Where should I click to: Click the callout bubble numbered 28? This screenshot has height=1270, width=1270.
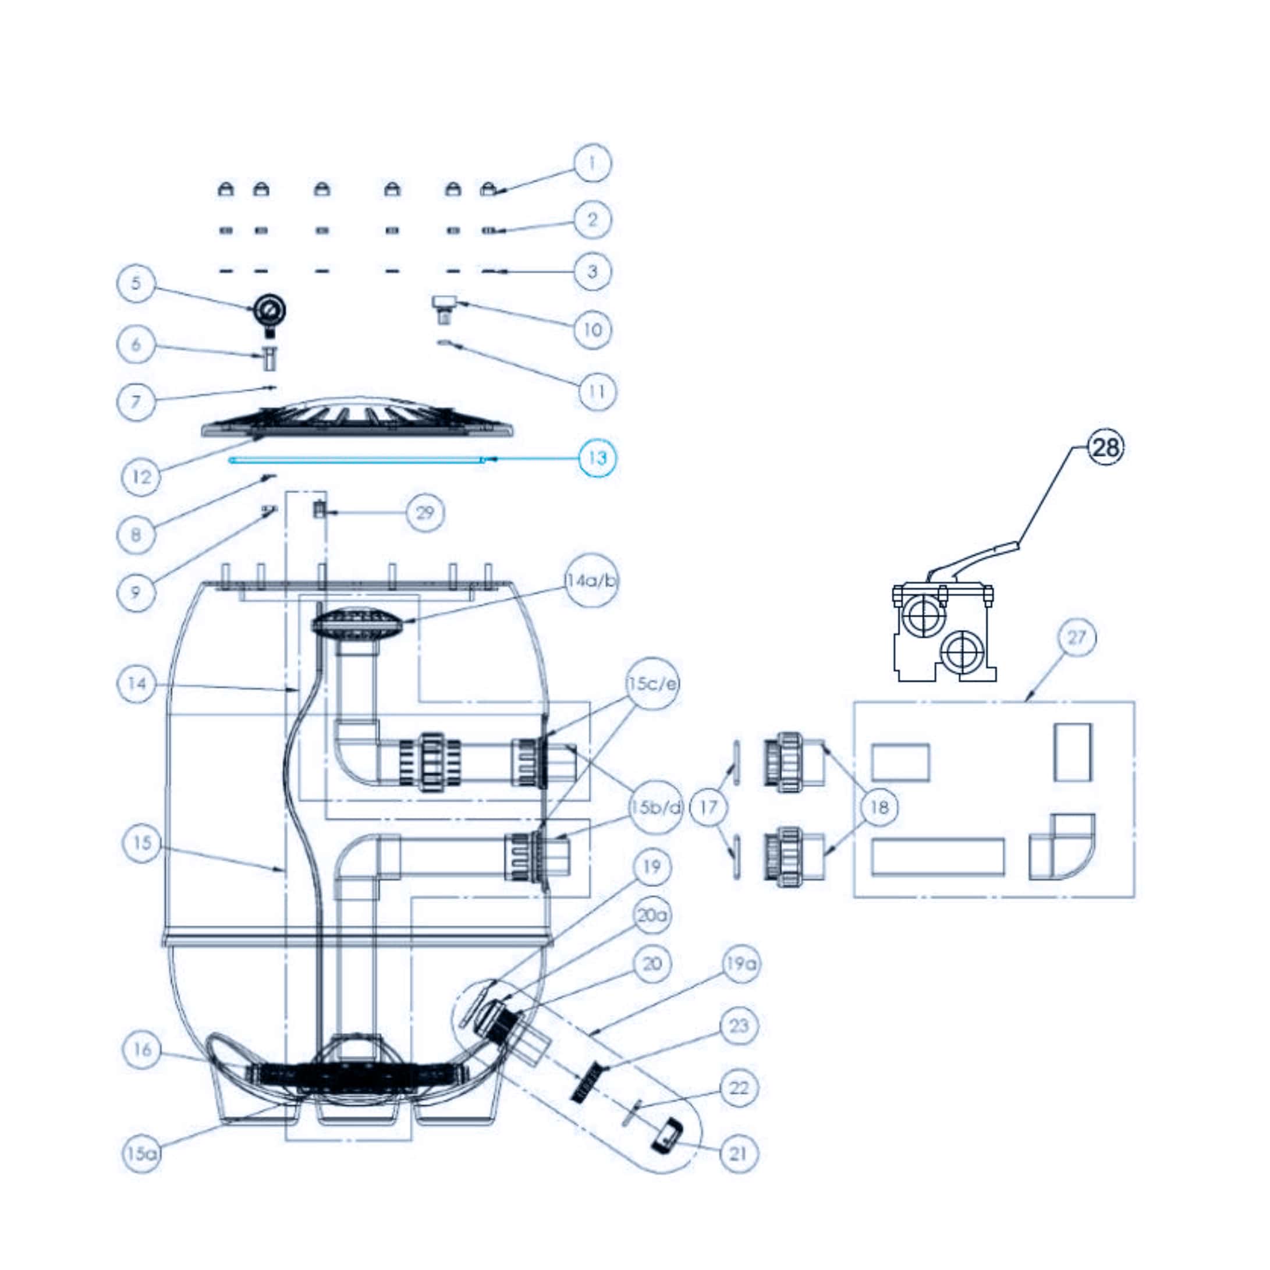(x=1106, y=448)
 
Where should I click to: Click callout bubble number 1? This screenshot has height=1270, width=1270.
(x=593, y=163)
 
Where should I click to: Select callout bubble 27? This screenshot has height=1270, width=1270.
(x=1077, y=637)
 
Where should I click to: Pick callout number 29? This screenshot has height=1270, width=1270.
(x=425, y=512)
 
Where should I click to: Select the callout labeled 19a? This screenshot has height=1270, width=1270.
(x=741, y=964)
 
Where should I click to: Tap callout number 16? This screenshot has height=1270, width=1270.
(x=143, y=1050)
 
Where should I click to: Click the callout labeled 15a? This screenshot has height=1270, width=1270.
(x=142, y=1154)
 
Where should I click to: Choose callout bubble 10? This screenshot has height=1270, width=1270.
(x=593, y=329)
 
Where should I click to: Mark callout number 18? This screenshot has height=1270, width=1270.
(x=879, y=807)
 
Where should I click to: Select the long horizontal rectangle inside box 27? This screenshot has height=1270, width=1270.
(x=938, y=857)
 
